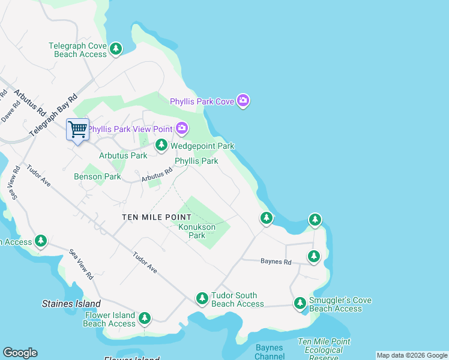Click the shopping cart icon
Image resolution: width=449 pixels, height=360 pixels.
point(77,129)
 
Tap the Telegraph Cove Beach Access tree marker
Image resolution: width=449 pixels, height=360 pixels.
point(116,49)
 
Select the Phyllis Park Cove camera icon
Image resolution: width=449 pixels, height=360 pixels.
point(243,100)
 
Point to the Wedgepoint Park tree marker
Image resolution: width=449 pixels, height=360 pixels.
point(161,145)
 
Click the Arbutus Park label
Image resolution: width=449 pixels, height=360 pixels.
point(122,155)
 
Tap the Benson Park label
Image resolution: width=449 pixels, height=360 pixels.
point(97,176)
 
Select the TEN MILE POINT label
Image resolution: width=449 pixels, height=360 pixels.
point(157,217)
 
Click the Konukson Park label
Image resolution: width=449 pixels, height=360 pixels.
point(197,232)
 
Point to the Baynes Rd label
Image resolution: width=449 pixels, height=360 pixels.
point(276,262)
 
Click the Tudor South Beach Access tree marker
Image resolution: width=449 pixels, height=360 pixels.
point(203,298)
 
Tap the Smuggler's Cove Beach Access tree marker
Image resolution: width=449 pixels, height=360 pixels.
point(300,303)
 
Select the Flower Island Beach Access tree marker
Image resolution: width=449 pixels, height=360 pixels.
point(144,317)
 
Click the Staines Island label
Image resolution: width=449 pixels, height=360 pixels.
point(71,304)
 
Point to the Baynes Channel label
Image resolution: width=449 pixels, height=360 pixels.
point(269,352)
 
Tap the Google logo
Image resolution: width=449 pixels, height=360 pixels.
point(20,353)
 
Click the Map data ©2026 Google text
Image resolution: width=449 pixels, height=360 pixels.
point(412,355)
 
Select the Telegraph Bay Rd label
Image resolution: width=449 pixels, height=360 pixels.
point(52,115)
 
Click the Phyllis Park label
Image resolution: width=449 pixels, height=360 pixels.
point(196,161)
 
